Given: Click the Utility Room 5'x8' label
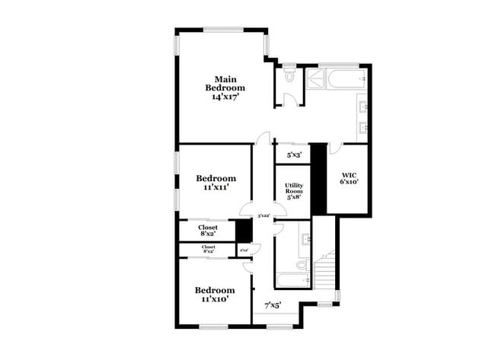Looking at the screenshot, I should click(294, 191).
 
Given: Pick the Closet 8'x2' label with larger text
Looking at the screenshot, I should click(208, 231).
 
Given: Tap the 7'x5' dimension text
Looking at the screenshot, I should click(273, 305).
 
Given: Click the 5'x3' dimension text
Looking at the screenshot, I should click(294, 155).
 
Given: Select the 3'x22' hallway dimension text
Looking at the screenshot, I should click(264, 216).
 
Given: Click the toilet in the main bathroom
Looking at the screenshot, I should click(289, 77).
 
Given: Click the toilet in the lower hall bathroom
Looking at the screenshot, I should click(302, 265).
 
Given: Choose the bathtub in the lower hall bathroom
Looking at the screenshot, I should click(292, 281).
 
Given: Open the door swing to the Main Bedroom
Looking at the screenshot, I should click(262, 139).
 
